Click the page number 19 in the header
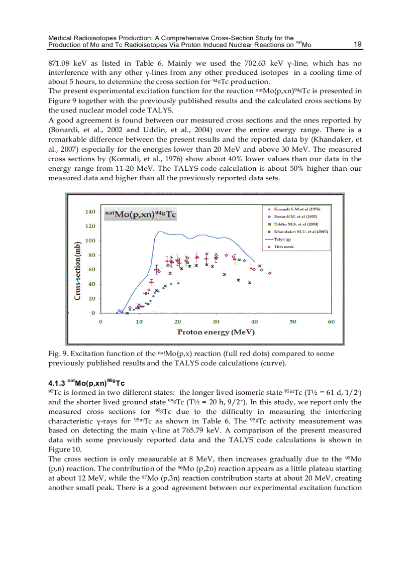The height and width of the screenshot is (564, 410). point(358,44)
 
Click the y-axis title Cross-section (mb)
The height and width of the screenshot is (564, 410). point(78,271)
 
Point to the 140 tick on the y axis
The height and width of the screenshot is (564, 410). point(89,212)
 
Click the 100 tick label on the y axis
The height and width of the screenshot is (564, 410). point(89,241)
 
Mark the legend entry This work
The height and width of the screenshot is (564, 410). point(284,247)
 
